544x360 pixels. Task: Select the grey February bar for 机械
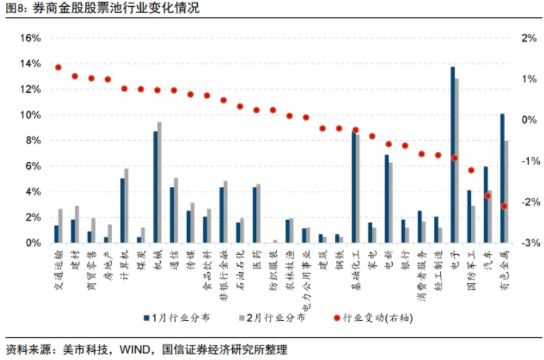click(x=160, y=183)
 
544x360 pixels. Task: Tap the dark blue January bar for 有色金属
click(x=503, y=178)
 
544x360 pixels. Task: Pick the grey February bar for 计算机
click(x=126, y=205)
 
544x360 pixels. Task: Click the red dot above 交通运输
click(x=58, y=67)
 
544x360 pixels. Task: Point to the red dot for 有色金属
click(x=504, y=206)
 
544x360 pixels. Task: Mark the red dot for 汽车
click(x=488, y=196)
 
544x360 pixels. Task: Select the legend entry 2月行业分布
click(x=269, y=317)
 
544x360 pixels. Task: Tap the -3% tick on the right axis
click(x=528, y=243)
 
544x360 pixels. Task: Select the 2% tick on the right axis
click(x=528, y=38)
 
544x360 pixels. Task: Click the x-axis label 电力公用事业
click(x=305, y=275)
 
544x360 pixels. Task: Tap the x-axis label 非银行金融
click(x=223, y=271)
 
